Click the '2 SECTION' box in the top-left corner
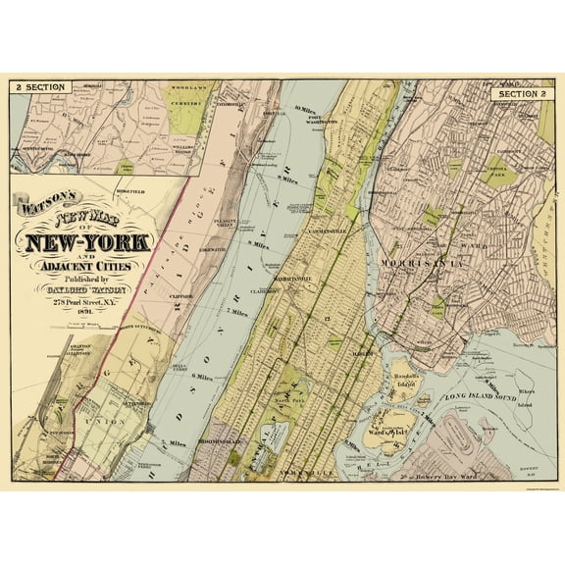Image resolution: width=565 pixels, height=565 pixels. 39,87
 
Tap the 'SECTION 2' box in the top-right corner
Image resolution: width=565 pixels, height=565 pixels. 521,94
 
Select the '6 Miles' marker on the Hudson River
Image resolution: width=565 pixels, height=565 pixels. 203,377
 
